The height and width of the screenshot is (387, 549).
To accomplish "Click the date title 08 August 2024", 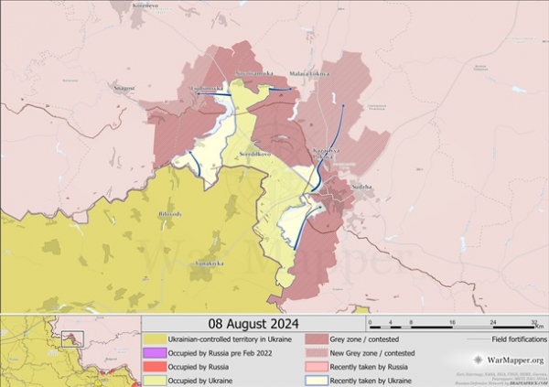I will click(x=253, y=324).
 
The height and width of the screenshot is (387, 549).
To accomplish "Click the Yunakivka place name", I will click(x=210, y=263).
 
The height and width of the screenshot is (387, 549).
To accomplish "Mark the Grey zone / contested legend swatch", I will click(x=313, y=339).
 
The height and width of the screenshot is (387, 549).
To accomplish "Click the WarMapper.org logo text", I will click(x=510, y=361).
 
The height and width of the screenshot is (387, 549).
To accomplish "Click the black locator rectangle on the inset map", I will click(x=72, y=338).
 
